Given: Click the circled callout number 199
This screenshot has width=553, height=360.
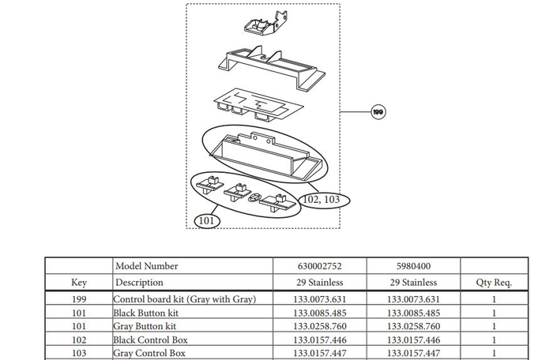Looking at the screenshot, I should click(x=379, y=113).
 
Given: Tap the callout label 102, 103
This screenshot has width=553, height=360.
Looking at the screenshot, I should click(x=321, y=200).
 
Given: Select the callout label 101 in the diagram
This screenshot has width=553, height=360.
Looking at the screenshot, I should click(x=206, y=220).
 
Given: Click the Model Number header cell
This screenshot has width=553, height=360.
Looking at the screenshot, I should click(x=147, y=267).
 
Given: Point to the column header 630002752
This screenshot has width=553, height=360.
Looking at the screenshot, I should click(x=316, y=267).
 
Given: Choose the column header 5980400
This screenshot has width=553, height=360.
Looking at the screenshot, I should click(x=412, y=267).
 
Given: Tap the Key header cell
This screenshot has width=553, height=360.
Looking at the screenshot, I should click(x=79, y=282).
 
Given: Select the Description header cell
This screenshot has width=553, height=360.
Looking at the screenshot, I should click(x=140, y=282).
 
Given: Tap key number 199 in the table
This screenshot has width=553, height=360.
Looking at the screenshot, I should click(x=79, y=299).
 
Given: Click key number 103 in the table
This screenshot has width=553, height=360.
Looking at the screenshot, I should click(x=79, y=353).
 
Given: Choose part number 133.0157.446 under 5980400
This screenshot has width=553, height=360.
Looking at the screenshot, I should click(x=412, y=339).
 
